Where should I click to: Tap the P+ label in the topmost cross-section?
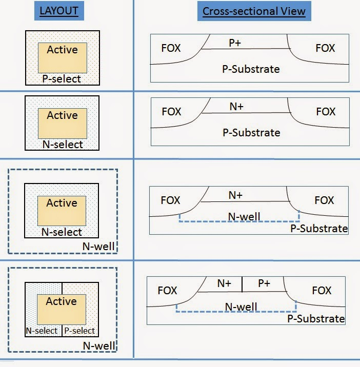tap(235, 43)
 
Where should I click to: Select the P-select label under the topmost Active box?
tap(62, 79)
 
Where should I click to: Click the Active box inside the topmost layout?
tap(62, 56)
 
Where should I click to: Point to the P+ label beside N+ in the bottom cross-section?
tap(264, 283)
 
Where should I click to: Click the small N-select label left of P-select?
tap(43, 331)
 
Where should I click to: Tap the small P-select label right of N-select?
tap(80, 331)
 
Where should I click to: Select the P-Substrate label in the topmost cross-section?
tap(251, 69)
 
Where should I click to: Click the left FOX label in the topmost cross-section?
tap(171, 48)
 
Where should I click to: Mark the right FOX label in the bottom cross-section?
tap(322, 291)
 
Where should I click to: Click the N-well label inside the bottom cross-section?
tap(241, 307)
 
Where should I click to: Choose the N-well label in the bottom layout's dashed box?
tap(98, 345)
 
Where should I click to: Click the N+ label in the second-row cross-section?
tap(236, 107)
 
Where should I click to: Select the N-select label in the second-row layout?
tap(62, 145)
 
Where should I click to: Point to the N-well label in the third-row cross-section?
tap(244, 216)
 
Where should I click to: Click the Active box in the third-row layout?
tap(62, 210)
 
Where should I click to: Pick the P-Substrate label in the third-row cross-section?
tap(318, 229)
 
